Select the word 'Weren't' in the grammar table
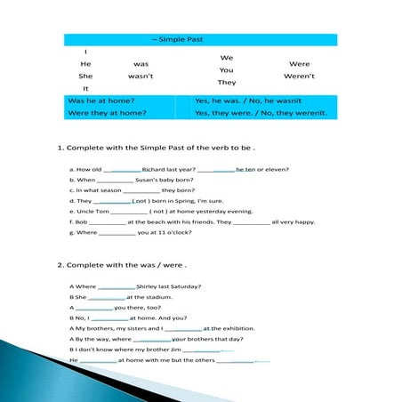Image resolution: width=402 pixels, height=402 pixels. point(300,76)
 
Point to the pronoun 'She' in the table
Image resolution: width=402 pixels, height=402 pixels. point(85,76)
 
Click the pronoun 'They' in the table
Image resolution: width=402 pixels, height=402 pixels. point(227,82)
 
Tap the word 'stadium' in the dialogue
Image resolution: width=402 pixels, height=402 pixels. point(157,297)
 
